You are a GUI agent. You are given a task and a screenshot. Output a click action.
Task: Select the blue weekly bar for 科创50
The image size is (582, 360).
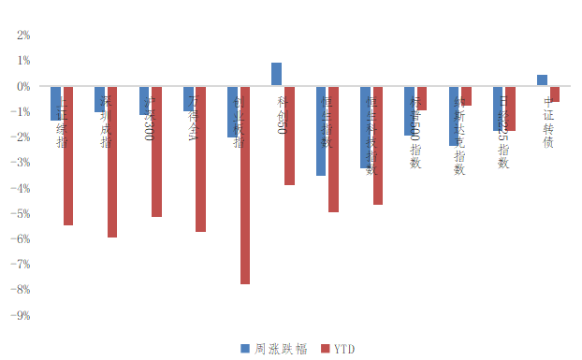pos(277,74)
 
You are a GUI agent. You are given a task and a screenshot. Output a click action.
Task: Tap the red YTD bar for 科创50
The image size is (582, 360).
pos(289,136)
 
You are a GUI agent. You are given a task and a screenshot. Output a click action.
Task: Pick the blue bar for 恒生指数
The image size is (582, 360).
pos(321,131)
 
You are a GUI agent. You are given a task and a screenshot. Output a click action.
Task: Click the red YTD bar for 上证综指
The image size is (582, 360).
pos(67,155)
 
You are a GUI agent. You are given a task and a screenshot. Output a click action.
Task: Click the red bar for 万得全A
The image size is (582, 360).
pos(200,158)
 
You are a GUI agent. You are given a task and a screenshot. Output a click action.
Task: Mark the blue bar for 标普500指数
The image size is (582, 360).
pos(409,110)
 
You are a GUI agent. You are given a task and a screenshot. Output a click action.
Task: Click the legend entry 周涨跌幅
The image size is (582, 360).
pos(273,348)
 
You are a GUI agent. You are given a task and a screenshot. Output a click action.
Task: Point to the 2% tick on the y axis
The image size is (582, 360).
pos(23,36)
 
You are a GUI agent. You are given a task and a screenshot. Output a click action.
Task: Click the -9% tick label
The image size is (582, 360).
pos(22,316)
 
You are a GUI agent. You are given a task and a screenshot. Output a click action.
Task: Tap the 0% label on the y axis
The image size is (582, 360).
pos(23,86)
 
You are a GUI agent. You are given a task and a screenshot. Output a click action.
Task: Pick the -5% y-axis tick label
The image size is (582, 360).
pos(22,214)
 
